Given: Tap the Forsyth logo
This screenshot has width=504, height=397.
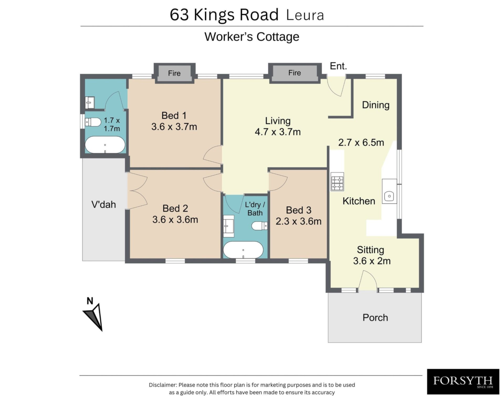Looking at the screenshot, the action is tap(463, 381).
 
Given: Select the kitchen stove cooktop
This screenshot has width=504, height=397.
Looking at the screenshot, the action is tap(337, 181).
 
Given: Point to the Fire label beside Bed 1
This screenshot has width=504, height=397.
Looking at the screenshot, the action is tap(174, 73).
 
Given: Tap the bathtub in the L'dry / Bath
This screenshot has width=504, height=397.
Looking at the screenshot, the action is tap(243, 250).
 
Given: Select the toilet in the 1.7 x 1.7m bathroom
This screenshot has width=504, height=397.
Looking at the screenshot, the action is tap(93, 122).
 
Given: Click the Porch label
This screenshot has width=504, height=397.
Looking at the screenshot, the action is tap(375, 318).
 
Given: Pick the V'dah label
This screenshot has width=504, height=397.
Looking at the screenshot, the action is tap(104, 204).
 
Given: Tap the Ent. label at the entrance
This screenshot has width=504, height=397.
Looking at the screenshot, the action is tap(338, 66).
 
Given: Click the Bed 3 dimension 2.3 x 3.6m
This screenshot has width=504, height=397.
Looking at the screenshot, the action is tap(298, 221).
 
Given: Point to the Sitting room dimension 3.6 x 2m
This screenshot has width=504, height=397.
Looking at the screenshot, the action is tap(372, 261).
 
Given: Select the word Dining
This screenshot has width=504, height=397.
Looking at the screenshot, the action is tap(376, 105).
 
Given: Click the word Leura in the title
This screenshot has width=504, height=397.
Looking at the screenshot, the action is tap(305, 15).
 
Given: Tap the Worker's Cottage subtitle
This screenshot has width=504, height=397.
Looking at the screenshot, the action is tap(252, 37).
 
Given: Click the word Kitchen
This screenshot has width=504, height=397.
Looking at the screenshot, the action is tap(359, 201).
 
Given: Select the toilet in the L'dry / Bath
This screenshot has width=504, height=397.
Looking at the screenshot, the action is tap(259, 225).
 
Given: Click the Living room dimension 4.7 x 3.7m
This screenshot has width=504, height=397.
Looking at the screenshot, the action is tap(278, 132).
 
